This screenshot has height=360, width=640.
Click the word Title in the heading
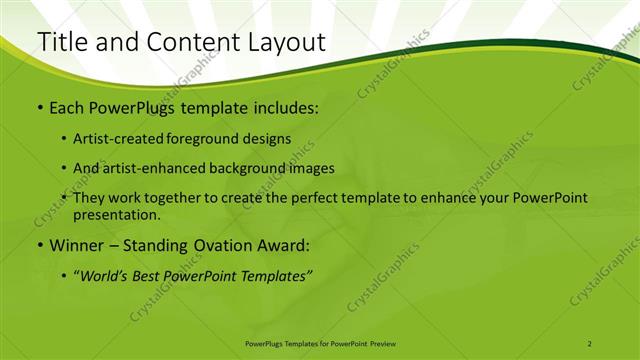61,42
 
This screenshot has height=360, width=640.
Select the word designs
270,139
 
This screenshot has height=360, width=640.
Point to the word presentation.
116,214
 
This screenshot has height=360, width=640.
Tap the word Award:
282,245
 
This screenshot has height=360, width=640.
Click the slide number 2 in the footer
590,343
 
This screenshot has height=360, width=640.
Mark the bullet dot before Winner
39,245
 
